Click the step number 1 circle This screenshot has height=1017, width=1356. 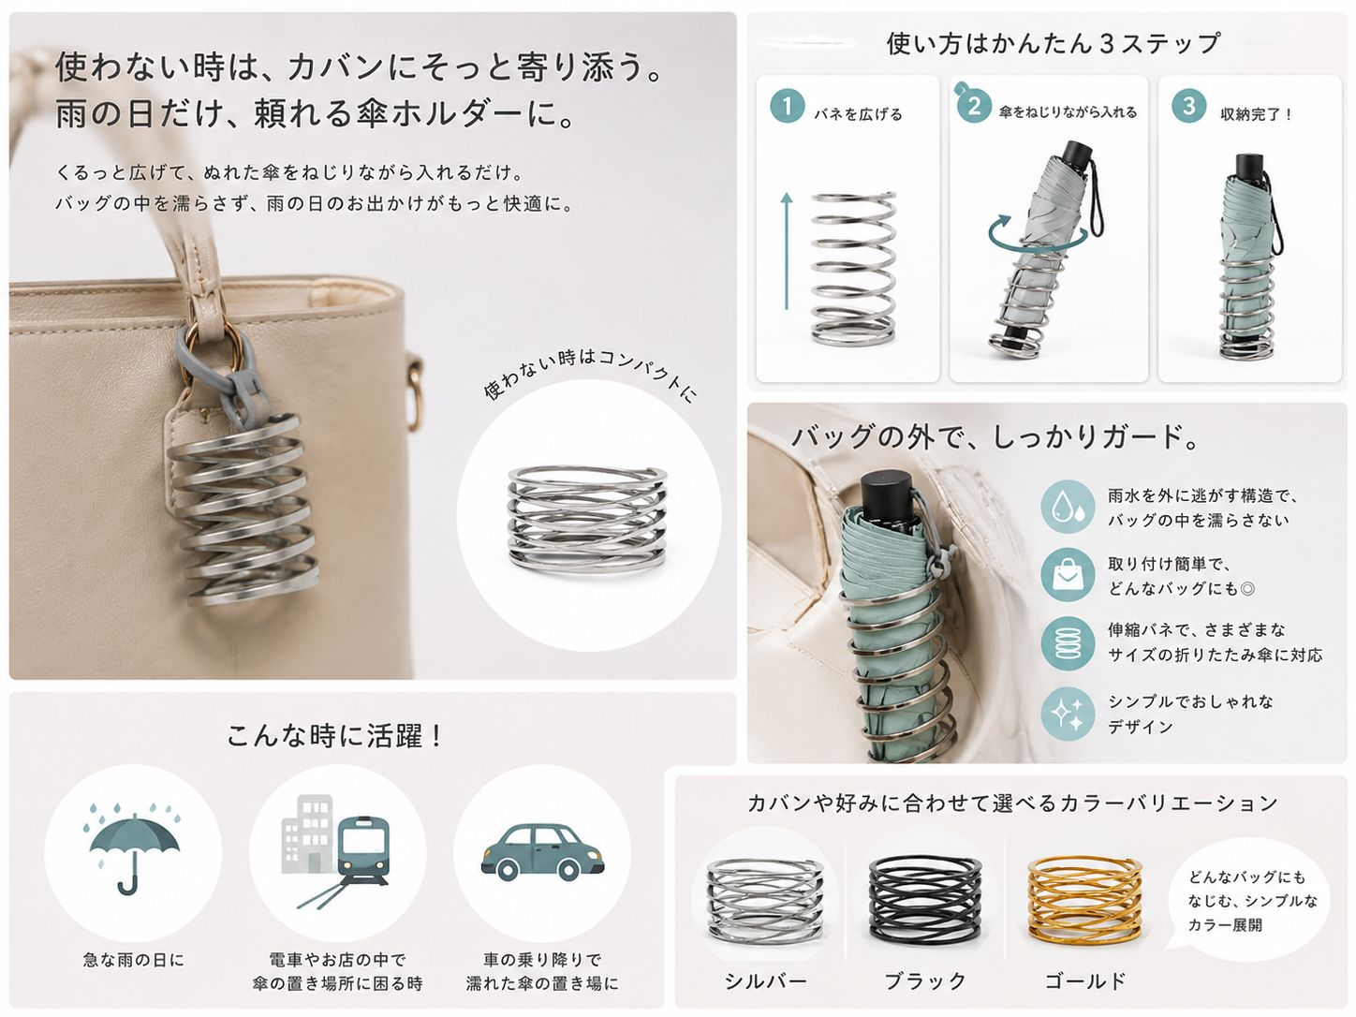[x=787, y=106]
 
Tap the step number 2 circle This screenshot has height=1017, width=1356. [x=974, y=106]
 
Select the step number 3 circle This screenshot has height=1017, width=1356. [x=1189, y=106]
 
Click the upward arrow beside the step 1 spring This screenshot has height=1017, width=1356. [x=787, y=251]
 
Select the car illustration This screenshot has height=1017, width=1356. [x=542, y=850]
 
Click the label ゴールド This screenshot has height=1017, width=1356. [x=1085, y=980]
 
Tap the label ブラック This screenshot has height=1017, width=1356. [x=925, y=980]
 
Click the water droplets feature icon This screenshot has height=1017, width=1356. [x=1068, y=507]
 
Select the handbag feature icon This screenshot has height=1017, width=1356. [x=1068, y=575]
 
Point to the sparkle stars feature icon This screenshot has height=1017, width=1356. [x=1068, y=714]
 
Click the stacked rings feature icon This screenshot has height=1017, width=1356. [x=1068, y=644]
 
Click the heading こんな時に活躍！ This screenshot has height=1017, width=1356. [x=335, y=736]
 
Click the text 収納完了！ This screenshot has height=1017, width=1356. [x=1256, y=114]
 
